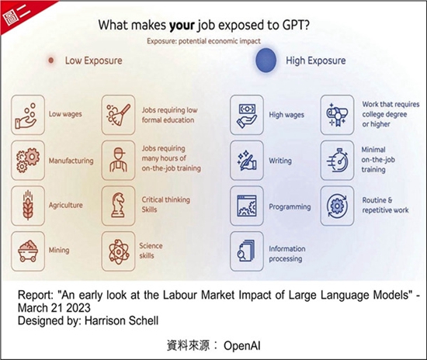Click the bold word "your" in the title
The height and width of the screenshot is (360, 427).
(182, 26)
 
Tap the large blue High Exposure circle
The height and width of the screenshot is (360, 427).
(266, 61)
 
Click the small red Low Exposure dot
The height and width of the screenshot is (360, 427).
(51, 61)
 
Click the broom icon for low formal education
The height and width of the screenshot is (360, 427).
(118, 115)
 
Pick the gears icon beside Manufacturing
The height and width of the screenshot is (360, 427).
(28, 161)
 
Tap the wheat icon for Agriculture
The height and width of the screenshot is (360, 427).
(28, 206)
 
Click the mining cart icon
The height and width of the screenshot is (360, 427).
(28, 251)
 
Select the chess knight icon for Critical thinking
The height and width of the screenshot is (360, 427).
(118, 206)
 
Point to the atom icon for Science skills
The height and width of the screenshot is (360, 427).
(118, 251)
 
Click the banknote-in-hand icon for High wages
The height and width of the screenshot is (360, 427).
(247, 115)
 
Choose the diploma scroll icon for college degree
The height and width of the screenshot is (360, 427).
(337, 115)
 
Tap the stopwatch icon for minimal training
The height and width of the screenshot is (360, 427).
(337, 161)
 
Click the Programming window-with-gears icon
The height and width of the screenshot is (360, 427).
(247, 206)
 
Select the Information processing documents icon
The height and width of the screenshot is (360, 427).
(247, 251)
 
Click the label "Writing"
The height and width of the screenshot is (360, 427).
(280, 161)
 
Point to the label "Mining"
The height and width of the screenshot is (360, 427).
(59, 250)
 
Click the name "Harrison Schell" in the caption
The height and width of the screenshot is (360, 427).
(121, 320)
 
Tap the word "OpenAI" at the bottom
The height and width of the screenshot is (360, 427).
(242, 346)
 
